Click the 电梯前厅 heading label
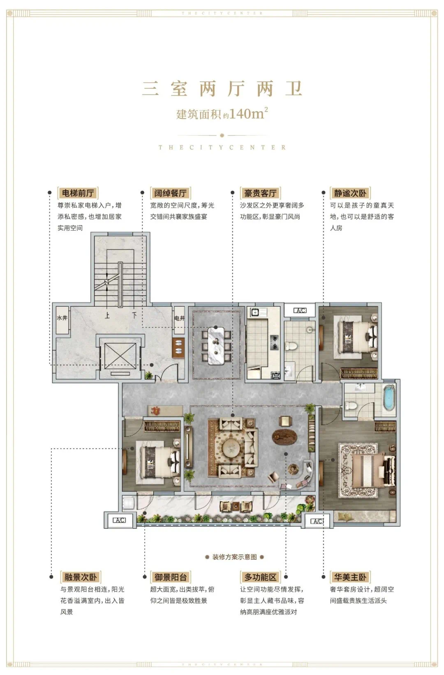78,193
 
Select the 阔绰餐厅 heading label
171,193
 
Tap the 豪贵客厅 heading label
260,193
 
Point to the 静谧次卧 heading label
350,193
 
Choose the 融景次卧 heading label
80,577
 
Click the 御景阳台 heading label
171,577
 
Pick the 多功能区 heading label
260,577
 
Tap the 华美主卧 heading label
350,577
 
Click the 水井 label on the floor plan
62,318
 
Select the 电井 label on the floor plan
180,318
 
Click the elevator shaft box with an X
120,356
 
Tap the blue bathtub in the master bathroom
389,397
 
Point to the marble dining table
216,345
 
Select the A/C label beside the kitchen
300,310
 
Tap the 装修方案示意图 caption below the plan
234,557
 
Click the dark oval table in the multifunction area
284,436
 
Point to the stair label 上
107,315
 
